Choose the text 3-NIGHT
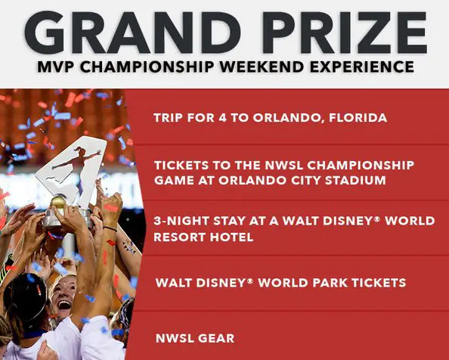pyautogui.click(x=181, y=221)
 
